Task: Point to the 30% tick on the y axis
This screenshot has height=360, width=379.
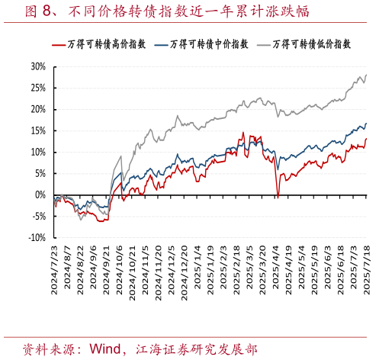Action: [x=37, y=66]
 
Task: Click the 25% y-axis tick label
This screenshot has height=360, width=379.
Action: [x=37, y=88]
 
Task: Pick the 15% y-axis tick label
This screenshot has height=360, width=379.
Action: [x=37, y=130]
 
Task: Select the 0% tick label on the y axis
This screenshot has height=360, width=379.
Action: [x=40, y=194]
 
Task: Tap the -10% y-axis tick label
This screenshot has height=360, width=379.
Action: [x=35, y=237]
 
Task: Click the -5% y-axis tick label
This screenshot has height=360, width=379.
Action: [x=37, y=216]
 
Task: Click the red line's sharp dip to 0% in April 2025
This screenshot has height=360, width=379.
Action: [x=278, y=197]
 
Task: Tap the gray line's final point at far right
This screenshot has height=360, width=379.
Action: [x=366, y=75]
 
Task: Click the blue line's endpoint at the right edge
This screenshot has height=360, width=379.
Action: [x=366, y=124]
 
